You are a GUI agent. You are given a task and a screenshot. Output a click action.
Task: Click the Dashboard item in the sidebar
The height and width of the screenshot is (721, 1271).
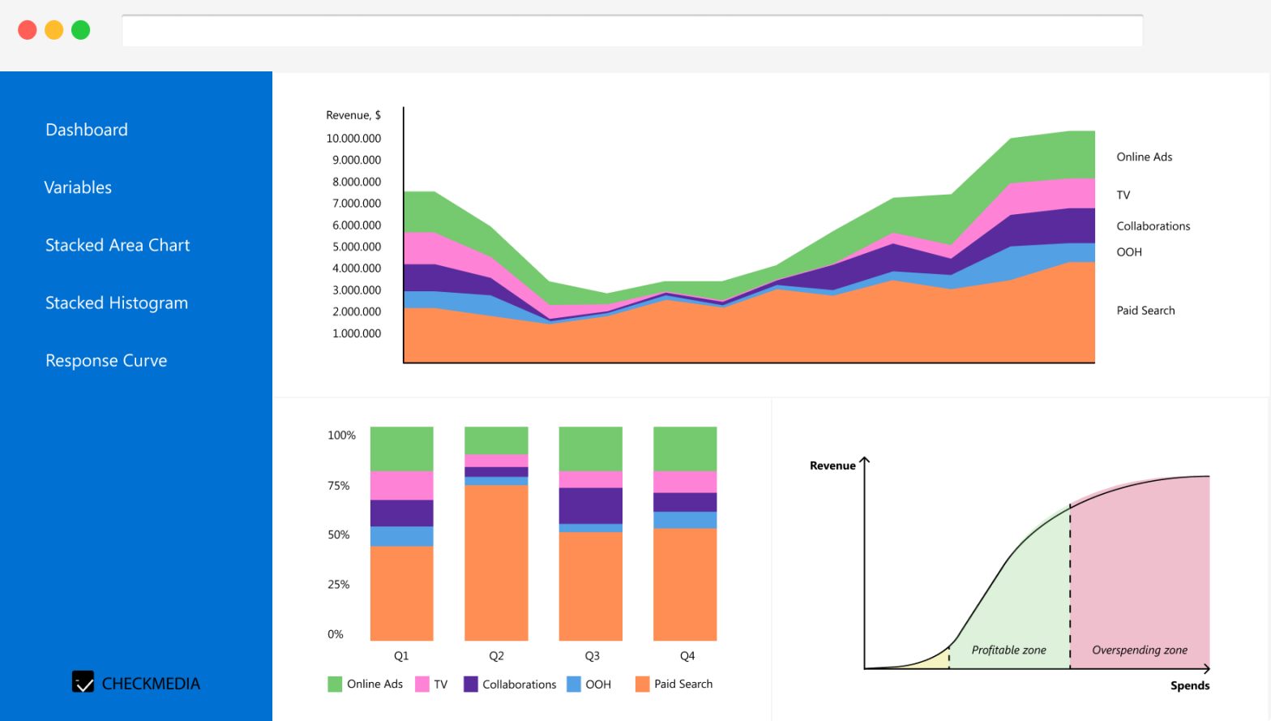click(x=87, y=130)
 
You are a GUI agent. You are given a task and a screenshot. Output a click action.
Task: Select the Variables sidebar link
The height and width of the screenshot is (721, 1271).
click(x=78, y=187)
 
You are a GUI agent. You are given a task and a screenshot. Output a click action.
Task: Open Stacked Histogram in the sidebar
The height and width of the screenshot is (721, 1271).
click(x=117, y=303)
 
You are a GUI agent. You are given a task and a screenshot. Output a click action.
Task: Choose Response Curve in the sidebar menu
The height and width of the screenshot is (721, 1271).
click(x=106, y=360)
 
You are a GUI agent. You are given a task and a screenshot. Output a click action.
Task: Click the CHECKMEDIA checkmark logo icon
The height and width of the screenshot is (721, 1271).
click(x=83, y=682)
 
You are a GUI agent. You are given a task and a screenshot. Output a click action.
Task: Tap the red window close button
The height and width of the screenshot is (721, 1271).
click(x=28, y=30)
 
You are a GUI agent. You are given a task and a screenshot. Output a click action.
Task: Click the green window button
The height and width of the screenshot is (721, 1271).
click(x=80, y=30)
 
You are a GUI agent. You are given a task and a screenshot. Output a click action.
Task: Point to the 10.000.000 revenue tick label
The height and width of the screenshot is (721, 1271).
click(x=353, y=139)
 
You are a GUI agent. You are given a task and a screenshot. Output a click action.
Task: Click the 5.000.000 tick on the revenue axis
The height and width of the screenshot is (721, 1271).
click(x=357, y=247)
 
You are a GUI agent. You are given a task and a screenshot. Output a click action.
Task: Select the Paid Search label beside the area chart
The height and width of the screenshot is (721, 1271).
click(x=1145, y=311)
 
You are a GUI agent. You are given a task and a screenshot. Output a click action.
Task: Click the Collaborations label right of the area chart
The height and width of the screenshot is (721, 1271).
click(x=1153, y=226)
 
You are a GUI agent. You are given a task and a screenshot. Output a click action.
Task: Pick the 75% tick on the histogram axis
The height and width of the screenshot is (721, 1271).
click(x=339, y=486)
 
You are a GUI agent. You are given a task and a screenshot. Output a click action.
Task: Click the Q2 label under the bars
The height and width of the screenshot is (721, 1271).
click(x=496, y=655)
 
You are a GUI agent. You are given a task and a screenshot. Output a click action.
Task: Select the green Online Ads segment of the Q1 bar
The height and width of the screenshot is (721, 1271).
click(x=402, y=448)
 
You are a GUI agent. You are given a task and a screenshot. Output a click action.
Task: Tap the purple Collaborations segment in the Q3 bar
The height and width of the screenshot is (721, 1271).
click(x=591, y=505)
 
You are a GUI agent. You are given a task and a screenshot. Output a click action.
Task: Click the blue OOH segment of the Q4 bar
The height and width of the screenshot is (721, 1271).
click(x=685, y=520)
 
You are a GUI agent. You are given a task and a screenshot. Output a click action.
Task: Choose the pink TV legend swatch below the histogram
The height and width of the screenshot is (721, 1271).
click(x=422, y=684)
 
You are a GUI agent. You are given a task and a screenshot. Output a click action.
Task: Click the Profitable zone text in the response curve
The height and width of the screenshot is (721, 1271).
click(x=1008, y=650)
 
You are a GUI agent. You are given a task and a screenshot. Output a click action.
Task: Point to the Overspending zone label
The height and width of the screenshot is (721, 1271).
click(x=1139, y=650)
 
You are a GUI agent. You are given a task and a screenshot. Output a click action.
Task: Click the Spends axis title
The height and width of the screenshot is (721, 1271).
click(x=1189, y=685)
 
